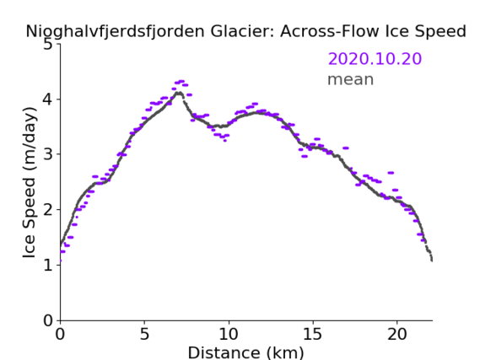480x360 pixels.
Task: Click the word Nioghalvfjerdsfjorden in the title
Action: (115, 32)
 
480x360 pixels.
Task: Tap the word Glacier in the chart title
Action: (240, 31)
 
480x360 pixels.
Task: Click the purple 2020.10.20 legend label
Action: (375, 58)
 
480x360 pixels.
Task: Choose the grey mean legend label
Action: (351, 79)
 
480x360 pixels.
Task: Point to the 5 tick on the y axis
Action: (48, 45)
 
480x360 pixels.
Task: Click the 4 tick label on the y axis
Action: (48, 99)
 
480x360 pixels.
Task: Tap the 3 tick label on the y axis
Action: (48, 154)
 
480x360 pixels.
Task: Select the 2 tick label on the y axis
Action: (48, 210)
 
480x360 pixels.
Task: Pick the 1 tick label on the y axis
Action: (48, 265)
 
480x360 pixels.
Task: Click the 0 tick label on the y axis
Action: (48, 320)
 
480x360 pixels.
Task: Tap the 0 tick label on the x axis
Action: (60, 334)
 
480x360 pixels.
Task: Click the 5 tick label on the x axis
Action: (144, 334)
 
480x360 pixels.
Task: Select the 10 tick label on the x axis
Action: (229, 334)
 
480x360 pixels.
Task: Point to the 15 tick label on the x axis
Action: (313, 334)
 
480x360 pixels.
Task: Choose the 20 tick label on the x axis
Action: (396, 334)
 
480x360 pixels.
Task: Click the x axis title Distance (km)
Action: (245, 353)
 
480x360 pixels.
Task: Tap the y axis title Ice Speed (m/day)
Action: (30, 183)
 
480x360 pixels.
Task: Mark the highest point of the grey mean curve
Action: (179, 93)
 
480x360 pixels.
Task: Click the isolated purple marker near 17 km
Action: (346, 148)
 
